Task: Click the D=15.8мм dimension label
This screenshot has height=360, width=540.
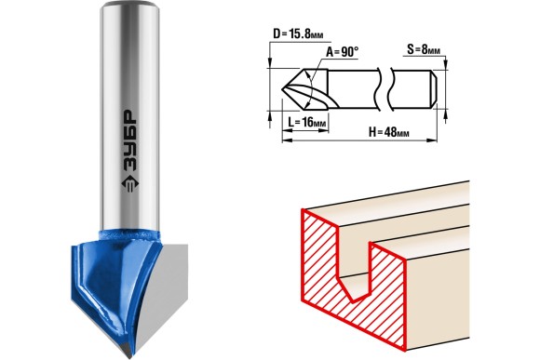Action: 298,34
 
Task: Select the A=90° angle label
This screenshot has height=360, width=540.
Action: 343,52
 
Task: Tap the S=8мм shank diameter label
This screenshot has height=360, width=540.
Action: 424,49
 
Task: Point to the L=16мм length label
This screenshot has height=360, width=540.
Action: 307,122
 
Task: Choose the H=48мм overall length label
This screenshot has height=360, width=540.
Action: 389,132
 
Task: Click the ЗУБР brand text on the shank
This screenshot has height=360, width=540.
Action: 129,141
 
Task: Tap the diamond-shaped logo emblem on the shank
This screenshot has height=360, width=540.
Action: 129,186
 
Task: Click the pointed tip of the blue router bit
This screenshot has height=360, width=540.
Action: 129,357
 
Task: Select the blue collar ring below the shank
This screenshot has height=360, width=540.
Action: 129,236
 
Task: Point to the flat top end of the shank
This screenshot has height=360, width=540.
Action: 129,4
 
